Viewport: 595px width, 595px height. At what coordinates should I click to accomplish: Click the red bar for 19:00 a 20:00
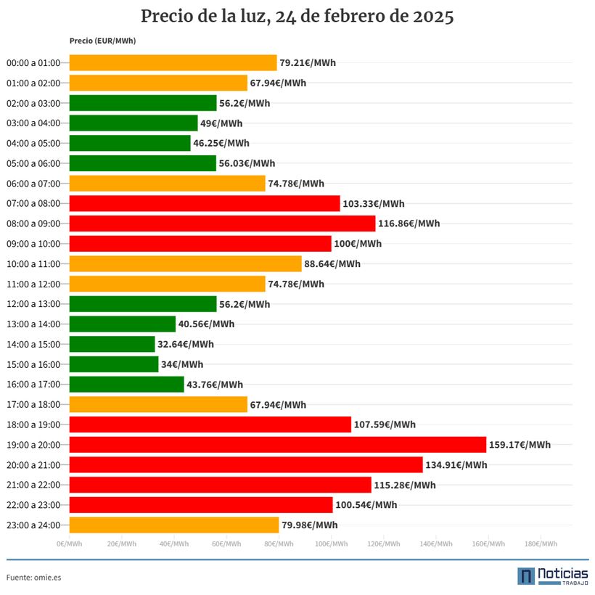click(278, 444)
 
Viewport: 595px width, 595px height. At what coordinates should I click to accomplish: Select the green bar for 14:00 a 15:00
click(112, 344)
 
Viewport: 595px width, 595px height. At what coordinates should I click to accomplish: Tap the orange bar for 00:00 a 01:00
click(173, 62)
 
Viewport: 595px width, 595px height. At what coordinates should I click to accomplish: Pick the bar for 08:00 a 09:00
click(222, 223)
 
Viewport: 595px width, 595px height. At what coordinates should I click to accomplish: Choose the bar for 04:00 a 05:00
click(130, 143)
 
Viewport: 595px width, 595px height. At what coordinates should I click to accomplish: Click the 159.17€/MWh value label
click(520, 445)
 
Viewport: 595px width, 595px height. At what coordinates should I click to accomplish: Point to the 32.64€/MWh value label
click(186, 344)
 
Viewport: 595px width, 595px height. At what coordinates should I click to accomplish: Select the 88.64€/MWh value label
click(332, 263)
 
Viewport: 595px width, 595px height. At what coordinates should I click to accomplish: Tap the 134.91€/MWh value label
click(456, 465)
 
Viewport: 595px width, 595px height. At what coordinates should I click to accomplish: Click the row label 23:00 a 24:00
click(33, 525)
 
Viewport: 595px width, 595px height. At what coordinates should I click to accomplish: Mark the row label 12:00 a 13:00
click(33, 304)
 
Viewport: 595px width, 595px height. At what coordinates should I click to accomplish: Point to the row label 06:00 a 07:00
click(33, 184)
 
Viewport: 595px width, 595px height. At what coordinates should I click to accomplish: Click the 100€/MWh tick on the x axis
click(332, 543)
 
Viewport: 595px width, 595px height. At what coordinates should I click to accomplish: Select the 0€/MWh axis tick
click(70, 543)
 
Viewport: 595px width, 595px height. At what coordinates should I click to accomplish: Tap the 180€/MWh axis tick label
click(541, 543)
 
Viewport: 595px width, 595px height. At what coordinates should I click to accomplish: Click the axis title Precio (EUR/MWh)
click(102, 41)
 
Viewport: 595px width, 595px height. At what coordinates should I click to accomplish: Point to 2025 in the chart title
click(433, 16)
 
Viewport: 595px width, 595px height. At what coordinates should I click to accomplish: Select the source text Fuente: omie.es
click(34, 578)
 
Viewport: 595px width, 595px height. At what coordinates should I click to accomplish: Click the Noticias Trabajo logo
click(553, 576)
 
